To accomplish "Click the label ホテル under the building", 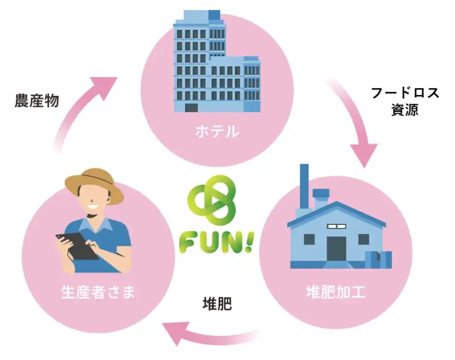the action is (x=217, y=131).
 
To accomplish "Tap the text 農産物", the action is (x=37, y=101).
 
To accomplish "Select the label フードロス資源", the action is (x=405, y=102).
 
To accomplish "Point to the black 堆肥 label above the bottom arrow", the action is (x=217, y=304).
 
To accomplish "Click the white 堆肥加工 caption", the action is (x=336, y=292).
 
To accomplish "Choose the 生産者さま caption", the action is (x=98, y=292).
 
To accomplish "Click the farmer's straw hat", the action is (x=94, y=185).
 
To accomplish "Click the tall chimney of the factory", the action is (x=304, y=186).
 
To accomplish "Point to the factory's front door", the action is (x=336, y=249).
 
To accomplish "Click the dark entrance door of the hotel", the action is (x=192, y=108).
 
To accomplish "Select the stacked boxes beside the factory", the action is (x=379, y=259).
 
